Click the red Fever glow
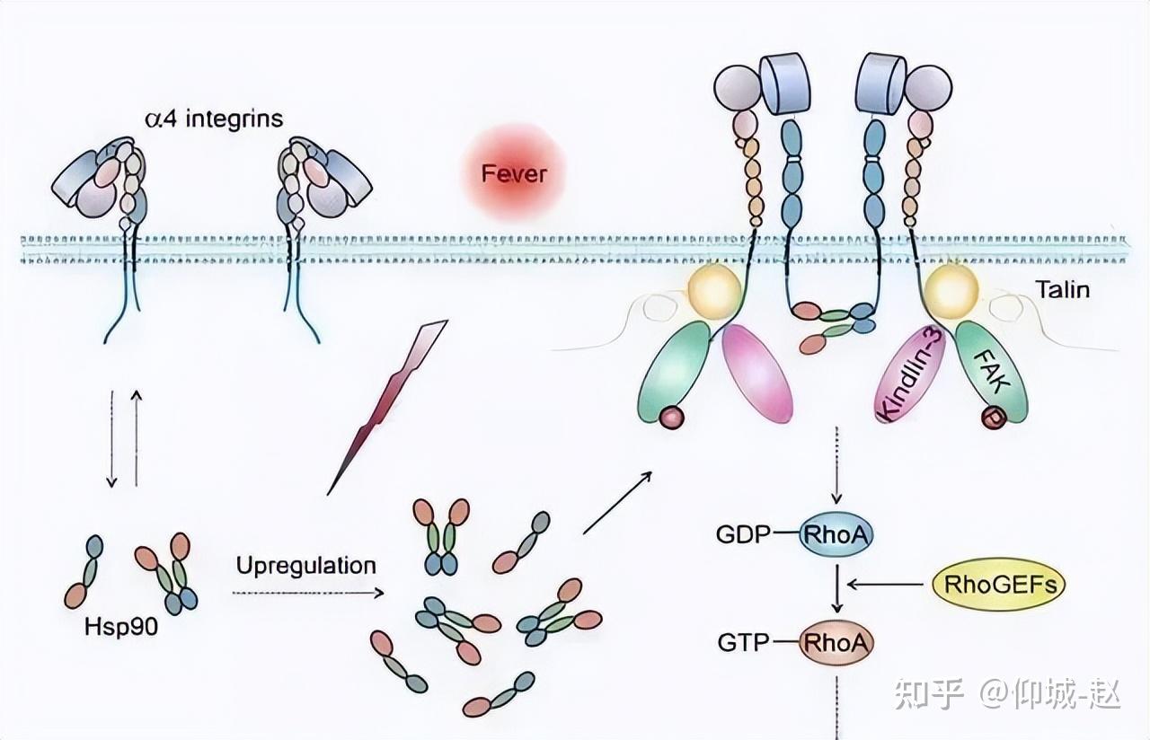514,173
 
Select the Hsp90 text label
122,628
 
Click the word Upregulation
305,565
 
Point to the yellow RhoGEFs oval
998,586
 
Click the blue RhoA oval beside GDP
836,536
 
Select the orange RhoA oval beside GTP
836,642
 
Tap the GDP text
743,536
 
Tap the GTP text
743,643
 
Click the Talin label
1062,289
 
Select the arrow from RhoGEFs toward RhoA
885,586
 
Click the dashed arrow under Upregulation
307,593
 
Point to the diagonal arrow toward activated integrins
616,502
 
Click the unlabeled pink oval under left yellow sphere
757,373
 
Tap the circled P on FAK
993,418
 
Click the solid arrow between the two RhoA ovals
836,589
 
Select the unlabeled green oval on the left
676,370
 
